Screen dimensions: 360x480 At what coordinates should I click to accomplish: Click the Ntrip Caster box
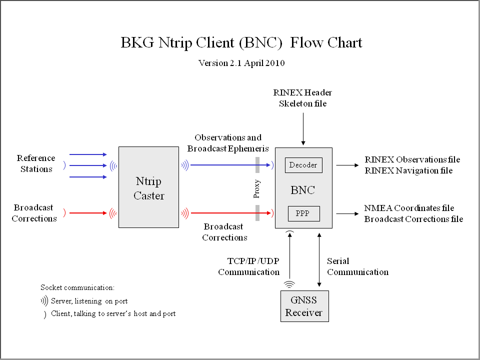(148, 187)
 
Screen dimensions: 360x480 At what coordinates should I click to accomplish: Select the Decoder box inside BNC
(303, 165)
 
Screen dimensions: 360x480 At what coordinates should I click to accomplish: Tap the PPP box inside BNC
(303, 213)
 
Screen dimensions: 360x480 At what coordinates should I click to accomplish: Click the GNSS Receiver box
(304, 306)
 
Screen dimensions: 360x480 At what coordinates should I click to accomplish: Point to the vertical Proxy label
(257, 189)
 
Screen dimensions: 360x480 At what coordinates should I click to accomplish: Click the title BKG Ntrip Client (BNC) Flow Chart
(241, 43)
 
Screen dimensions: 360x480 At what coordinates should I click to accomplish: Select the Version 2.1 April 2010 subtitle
(241, 63)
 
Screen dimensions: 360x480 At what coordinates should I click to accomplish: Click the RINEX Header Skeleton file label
(302, 98)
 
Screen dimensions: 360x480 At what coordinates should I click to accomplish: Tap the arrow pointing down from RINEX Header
(303, 129)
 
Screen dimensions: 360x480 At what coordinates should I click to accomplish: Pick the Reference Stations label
(36, 163)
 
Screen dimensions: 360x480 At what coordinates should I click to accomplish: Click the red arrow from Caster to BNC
(230, 213)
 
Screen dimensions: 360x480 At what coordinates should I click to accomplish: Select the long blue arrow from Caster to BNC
(230, 165)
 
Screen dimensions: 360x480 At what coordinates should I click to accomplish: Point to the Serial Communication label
(357, 266)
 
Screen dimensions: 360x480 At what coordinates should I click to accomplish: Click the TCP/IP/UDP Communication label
(248, 266)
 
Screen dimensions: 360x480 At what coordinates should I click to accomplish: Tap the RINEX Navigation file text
(408, 171)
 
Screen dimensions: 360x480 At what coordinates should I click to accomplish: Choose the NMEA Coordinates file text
(409, 208)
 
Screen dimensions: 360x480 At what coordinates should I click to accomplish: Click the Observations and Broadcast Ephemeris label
(228, 143)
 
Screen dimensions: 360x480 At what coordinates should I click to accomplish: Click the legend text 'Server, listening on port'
(89, 301)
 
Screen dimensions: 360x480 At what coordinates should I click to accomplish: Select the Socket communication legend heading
(77, 288)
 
